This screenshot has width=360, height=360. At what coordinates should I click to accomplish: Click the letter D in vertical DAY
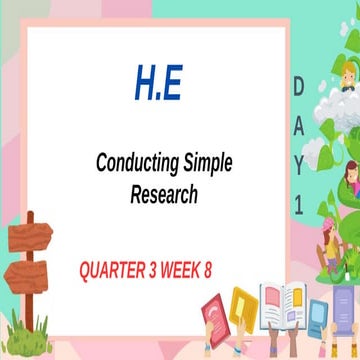(300, 88)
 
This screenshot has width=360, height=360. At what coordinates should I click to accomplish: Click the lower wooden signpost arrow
(40, 268)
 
